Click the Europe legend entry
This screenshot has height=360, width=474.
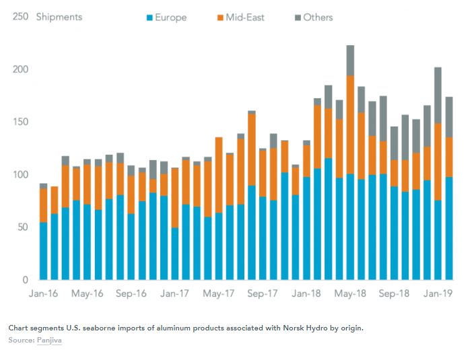coord(170,17)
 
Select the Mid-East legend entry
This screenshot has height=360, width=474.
coord(245,17)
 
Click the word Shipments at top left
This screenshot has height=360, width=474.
coord(59,17)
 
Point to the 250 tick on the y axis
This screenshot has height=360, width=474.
coord(20,17)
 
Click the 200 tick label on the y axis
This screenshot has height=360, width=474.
coord(20,69)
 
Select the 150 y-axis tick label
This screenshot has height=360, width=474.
coord(20,122)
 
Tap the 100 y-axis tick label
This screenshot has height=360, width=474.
coord(20,174)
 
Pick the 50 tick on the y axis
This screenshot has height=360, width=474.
coord(22,227)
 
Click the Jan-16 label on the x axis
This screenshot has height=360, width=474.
coord(43,293)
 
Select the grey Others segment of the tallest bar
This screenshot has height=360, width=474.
coord(350,60)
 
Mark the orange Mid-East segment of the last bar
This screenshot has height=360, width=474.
coord(448,157)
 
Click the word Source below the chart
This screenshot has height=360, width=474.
coord(21,340)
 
